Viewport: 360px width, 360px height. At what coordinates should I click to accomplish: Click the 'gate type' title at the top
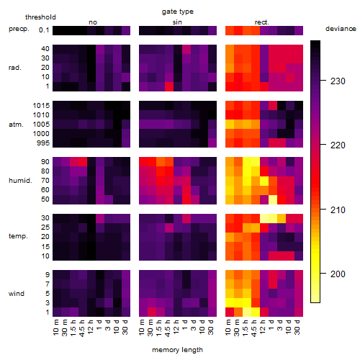[x=178, y=12]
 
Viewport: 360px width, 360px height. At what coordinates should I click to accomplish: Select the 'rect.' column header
[x=262, y=22]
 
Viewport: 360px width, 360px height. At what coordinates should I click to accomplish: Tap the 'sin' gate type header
[x=177, y=22]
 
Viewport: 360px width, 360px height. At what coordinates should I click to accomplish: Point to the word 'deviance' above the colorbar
[x=341, y=29]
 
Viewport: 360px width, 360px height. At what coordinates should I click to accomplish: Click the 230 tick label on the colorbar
[x=338, y=81]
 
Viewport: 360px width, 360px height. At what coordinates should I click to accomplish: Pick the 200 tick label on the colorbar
[x=338, y=274]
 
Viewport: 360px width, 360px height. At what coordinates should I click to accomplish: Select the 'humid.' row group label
[x=20, y=181]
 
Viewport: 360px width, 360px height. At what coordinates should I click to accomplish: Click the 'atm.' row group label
[x=16, y=125]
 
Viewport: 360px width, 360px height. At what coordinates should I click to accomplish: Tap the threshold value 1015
[x=41, y=105]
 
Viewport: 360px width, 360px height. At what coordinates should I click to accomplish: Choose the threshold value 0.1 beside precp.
[x=44, y=30]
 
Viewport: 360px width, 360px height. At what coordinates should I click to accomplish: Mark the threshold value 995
[x=43, y=143]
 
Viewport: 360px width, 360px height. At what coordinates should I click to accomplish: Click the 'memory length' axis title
[x=177, y=350]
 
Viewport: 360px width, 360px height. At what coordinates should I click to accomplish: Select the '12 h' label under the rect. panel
[x=262, y=327]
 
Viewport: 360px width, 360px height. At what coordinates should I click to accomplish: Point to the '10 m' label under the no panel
[x=55, y=328]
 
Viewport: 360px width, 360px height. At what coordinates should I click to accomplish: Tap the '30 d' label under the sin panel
[x=210, y=328]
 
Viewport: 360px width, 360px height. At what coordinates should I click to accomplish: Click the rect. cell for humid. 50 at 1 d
[x=273, y=199]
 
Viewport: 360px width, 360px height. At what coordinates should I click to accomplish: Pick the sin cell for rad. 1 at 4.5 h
[x=169, y=86]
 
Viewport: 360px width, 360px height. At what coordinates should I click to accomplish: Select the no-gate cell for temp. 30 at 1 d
[x=100, y=218]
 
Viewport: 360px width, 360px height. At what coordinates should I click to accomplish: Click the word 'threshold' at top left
[x=40, y=17]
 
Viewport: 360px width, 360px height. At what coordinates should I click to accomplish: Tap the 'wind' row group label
[x=17, y=294]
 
